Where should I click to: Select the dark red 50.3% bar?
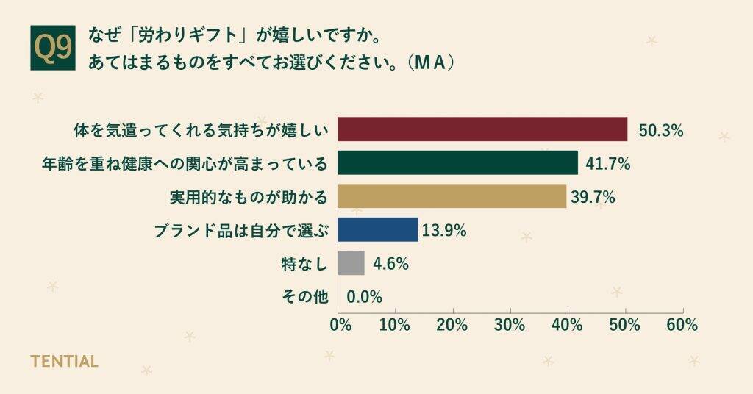[482, 129]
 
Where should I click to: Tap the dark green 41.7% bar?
[457, 163]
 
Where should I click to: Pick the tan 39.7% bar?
[452, 196]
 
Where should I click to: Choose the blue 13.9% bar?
[377, 229]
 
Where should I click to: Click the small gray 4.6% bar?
[351, 263]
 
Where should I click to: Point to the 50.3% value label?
[661, 131]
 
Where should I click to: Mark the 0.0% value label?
[364, 297]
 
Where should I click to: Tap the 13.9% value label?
[446, 231]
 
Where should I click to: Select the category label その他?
[304, 297]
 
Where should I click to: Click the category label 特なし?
[304, 263]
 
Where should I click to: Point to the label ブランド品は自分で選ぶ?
[240, 230]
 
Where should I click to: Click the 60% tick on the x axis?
[682, 325]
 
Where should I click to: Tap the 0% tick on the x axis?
[340, 325]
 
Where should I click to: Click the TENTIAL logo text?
[64, 362]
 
